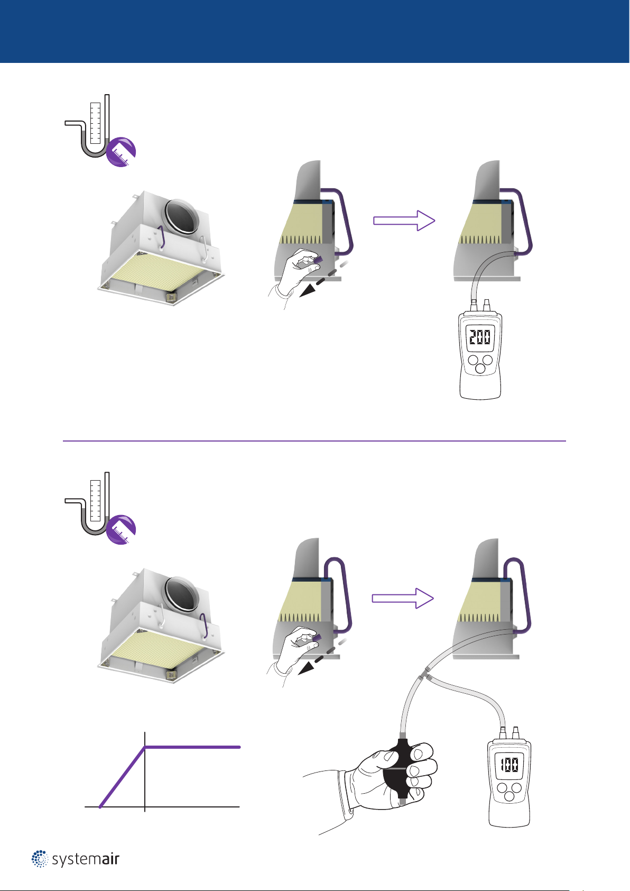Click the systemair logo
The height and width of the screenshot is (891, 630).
76,859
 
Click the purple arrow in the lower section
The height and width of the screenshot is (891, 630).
403,598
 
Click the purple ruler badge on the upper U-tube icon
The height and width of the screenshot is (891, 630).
121,152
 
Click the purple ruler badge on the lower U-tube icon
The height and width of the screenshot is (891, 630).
121,529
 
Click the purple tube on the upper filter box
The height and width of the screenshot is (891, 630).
163,238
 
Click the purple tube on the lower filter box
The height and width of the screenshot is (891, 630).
205,626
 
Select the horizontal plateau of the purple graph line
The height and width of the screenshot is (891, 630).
192,747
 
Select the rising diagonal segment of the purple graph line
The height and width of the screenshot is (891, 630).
123,777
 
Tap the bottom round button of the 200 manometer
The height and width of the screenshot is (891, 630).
480,369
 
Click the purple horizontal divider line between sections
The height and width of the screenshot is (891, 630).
314,440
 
